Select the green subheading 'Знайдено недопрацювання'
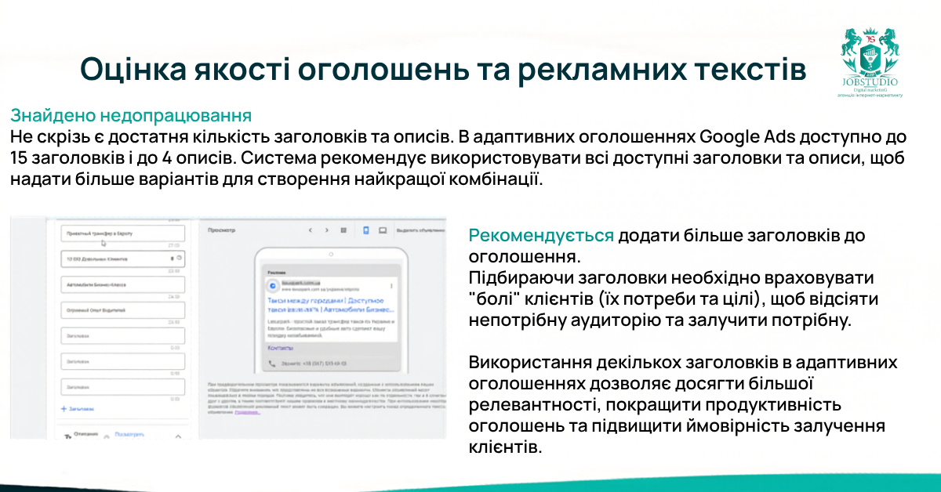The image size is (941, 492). click(x=131, y=116)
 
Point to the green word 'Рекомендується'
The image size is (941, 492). click(x=541, y=236)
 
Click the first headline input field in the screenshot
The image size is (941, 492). click(x=122, y=233)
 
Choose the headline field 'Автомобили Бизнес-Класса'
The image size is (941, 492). click(x=122, y=285)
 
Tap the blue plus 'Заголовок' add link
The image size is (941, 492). click(x=78, y=408)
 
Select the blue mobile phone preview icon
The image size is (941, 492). click(x=365, y=230)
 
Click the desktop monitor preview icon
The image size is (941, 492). click(x=383, y=230)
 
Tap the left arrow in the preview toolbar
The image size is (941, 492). click(x=310, y=230)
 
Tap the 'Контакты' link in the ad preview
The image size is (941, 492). click(x=280, y=346)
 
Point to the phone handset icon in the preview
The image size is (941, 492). click(x=273, y=364)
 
